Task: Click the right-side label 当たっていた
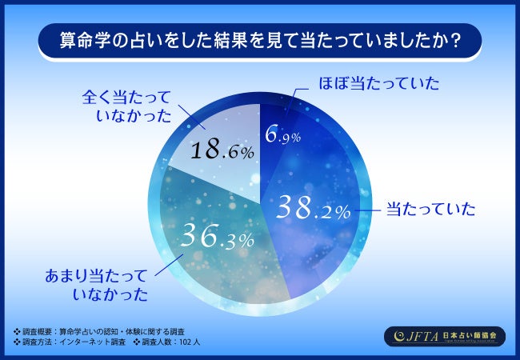coord(430,210)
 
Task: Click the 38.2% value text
coord(313,209)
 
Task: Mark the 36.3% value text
coord(217,236)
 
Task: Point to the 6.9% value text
coord(283,136)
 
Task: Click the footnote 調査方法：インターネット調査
coord(69,342)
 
